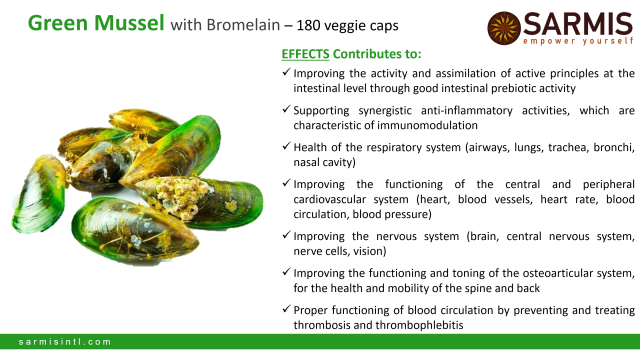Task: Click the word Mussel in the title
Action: [x=129, y=23]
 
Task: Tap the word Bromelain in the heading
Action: [x=243, y=25]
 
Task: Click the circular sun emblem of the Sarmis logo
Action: [x=503, y=28]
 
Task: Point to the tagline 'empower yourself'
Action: [x=578, y=41]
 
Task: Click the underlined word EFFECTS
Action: [x=305, y=54]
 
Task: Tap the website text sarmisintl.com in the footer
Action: [x=64, y=341]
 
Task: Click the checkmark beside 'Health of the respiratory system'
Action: [x=286, y=145]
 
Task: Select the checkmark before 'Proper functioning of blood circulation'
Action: [x=286, y=308]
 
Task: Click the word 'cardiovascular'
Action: [x=329, y=199]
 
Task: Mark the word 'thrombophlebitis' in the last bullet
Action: [x=419, y=325]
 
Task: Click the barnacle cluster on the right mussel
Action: [x=181, y=197]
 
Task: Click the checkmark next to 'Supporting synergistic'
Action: [x=286, y=109]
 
